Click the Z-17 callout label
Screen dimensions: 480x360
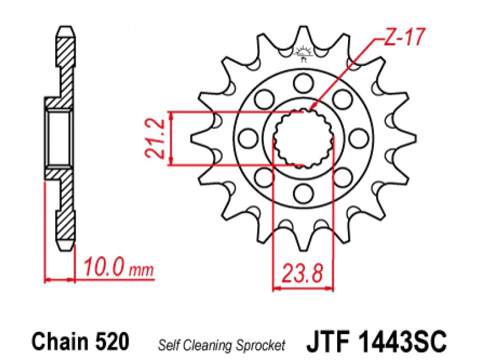(x=404, y=37)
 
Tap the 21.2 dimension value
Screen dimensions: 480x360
(x=155, y=139)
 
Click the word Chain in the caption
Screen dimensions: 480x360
(x=60, y=341)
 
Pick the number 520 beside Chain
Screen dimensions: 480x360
(x=112, y=341)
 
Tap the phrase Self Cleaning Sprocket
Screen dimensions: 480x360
(x=221, y=346)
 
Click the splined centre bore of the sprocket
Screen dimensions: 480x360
(x=303, y=139)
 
